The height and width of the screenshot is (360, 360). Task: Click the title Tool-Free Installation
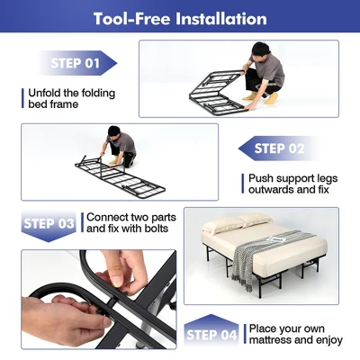tap(180, 18)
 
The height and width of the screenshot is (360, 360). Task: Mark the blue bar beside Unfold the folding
tap(22, 96)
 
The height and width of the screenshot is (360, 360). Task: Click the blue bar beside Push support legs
tap(241, 184)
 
